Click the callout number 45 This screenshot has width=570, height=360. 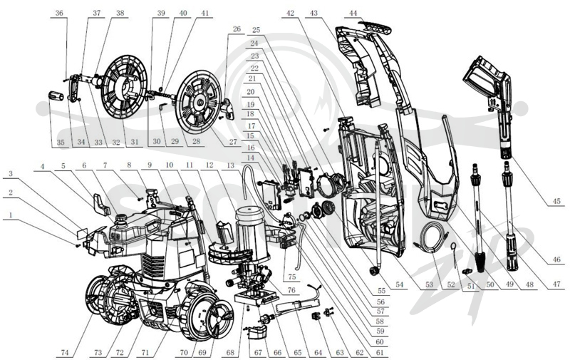click(556, 201)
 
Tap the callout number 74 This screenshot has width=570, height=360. click(65, 352)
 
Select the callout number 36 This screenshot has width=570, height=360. click(59, 13)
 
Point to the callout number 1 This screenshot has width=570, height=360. click(11, 215)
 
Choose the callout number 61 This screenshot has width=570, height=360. click(380, 352)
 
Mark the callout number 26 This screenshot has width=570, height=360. click(237, 29)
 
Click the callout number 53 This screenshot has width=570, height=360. click(430, 284)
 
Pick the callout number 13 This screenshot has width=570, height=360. click(230, 165)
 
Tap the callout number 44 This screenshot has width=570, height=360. click(353, 13)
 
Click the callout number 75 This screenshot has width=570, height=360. click(292, 277)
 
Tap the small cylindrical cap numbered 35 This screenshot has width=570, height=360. click(56, 97)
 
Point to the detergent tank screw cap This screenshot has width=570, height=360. click(120, 218)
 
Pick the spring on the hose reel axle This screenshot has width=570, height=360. click(166, 95)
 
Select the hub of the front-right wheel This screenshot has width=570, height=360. click(219, 318)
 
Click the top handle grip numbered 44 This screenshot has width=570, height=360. click(376, 28)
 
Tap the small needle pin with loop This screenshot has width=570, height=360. click(455, 254)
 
